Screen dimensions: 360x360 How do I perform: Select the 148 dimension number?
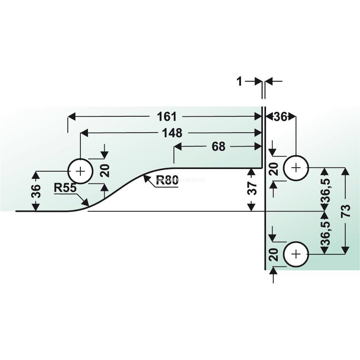point(172,133)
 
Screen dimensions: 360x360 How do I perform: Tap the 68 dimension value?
point(219,146)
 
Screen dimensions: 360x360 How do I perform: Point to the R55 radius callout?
point(65,188)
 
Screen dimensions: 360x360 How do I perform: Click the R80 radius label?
point(167,179)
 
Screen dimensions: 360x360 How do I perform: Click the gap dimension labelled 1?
point(239,81)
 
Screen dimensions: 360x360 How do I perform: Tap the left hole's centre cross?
point(80,171)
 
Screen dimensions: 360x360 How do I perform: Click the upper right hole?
point(296,167)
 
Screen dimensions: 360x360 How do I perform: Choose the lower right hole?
point(296,254)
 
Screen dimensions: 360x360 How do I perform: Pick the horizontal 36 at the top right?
point(280,117)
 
